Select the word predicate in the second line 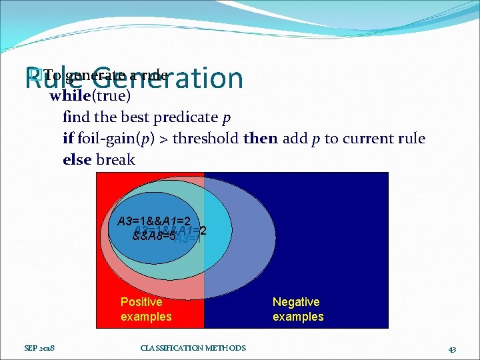185,117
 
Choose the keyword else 77,160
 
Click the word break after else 115,160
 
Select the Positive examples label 146,309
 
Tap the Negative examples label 298,309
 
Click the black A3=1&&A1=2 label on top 154,221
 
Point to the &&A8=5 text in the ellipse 153,235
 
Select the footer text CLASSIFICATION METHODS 193,348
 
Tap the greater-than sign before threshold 170,139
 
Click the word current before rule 365,139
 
